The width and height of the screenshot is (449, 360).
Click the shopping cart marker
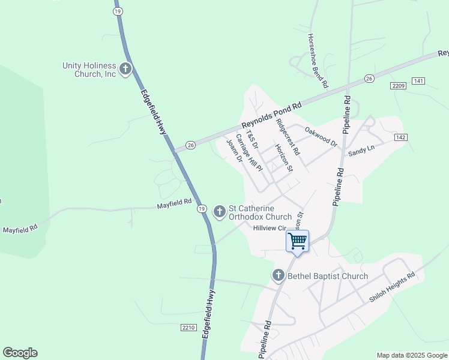click(x=297, y=242)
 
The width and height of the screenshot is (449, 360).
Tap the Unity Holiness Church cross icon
click(x=125, y=70)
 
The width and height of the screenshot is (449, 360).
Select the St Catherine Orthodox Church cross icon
click(x=220, y=211)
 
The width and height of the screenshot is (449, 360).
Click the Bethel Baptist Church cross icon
click(x=278, y=276)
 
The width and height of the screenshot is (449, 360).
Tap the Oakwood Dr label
click(x=321, y=137)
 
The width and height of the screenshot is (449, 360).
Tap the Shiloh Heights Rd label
click(x=393, y=288)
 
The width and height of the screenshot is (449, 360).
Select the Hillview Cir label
click(x=268, y=228)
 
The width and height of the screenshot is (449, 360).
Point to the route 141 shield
click(x=418, y=81)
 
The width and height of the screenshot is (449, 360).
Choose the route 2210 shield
click(x=188, y=328)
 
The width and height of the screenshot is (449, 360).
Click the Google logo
click(x=20, y=353)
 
